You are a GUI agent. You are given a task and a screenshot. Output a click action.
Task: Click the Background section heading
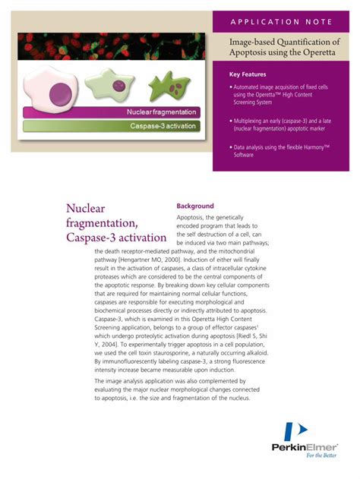195,206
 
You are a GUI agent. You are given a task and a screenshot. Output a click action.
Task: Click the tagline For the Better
322,456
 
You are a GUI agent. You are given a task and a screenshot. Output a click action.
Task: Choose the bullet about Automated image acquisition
281,96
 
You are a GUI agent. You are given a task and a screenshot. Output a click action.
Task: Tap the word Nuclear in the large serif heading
85,209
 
